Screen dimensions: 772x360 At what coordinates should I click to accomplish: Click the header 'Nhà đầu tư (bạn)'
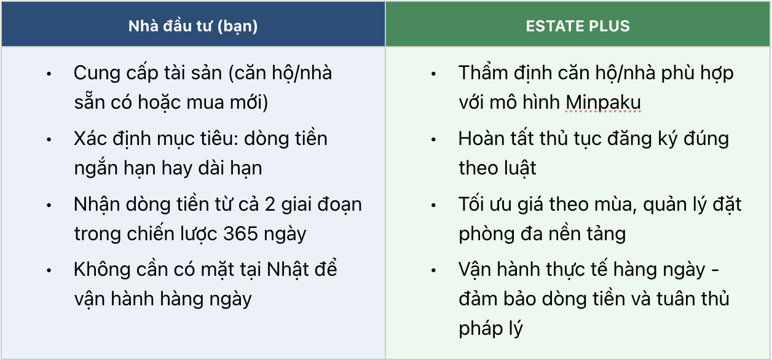(193, 26)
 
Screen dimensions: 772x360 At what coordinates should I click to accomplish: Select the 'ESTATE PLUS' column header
(578, 26)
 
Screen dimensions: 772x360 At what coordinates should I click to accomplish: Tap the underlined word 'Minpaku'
(603, 103)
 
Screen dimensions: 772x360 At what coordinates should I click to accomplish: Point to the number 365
(240, 233)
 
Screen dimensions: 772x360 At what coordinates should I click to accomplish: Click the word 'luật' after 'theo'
(519, 168)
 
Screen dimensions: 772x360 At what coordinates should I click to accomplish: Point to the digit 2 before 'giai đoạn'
(270, 205)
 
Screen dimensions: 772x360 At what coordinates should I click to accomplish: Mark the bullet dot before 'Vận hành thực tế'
(433, 270)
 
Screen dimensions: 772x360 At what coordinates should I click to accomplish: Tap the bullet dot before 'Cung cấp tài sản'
(49, 74)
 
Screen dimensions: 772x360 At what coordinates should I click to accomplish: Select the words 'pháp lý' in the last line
(490, 329)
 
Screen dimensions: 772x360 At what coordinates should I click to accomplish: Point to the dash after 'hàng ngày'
(715, 271)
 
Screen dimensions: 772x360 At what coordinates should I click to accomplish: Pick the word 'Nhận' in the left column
(96, 205)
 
